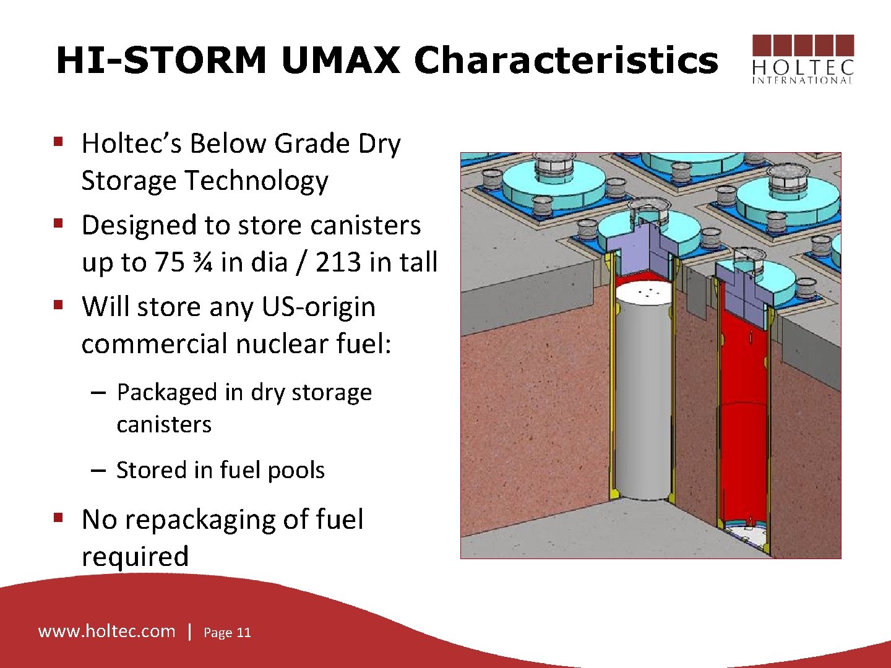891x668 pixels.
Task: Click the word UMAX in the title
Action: point(340,61)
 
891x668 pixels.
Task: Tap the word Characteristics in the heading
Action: point(566,61)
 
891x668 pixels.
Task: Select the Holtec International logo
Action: point(803,59)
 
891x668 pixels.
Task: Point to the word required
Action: point(135,556)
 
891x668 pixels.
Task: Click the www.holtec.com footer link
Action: point(107,631)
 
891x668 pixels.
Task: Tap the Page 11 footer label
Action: point(227,632)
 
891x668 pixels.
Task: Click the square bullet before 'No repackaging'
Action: point(59,516)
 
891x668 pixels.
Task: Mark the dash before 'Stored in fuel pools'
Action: point(98,470)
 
